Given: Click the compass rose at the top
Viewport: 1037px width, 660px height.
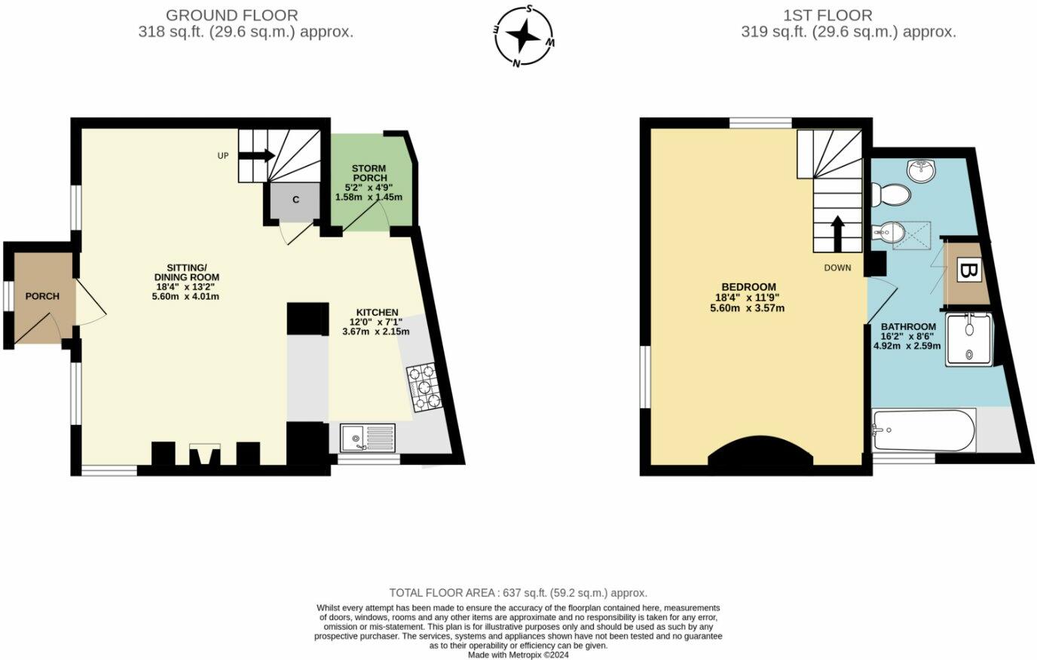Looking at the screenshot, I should point(525,35).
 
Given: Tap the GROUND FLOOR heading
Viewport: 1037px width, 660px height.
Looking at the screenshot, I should point(231,15).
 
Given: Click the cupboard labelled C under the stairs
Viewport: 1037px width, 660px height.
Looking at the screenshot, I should point(295,200).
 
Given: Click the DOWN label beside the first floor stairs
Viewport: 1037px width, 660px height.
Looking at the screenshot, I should point(837,267).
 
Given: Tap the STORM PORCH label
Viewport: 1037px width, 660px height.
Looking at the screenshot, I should point(369,173).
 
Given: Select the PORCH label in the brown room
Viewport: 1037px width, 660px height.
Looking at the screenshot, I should point(42,296).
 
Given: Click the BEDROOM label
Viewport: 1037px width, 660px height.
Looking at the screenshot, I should point(748,287).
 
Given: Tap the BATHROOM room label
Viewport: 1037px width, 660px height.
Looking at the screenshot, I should point(908,327).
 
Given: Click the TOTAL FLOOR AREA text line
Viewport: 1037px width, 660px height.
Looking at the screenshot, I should point(518,593).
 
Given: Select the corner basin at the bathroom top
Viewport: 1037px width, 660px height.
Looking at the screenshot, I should point(921,172).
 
